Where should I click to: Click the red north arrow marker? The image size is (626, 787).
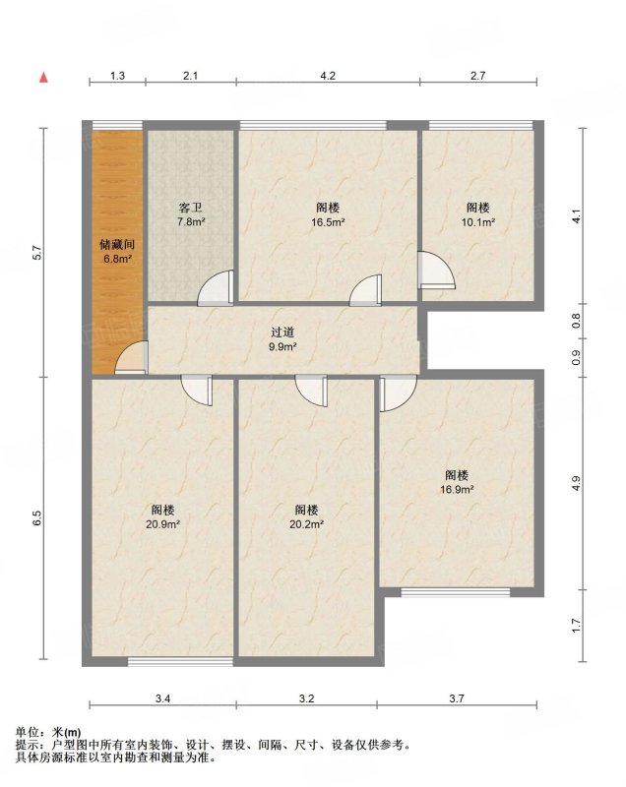[44, 78]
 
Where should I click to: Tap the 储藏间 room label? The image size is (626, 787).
[117, 244]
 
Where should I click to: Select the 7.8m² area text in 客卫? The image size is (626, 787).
[191, 221]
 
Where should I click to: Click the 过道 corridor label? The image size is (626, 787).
[282, 332]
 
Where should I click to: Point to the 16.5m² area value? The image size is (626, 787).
[328, 222]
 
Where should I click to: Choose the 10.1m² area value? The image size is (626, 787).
[478, 222]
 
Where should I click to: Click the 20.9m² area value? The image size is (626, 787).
[163, 524]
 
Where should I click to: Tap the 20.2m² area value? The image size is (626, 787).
[306, 524]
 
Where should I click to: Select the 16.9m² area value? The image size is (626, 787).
[457, 489]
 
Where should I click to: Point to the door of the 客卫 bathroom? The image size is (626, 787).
[216, 287]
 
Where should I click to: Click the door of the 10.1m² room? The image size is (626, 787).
[437, 270]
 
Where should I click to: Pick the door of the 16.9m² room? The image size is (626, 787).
[398, 393]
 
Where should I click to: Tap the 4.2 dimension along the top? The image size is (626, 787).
[328, 76]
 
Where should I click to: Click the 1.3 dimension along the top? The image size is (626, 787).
[117, 76]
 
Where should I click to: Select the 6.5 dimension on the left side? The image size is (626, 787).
[36, 517]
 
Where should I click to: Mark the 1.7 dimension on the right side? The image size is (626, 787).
[577, 626]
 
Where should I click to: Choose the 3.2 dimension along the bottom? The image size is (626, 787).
[306, 698]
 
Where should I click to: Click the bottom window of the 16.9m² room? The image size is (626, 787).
[456, 592]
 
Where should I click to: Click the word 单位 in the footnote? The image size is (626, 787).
[28, 732]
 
